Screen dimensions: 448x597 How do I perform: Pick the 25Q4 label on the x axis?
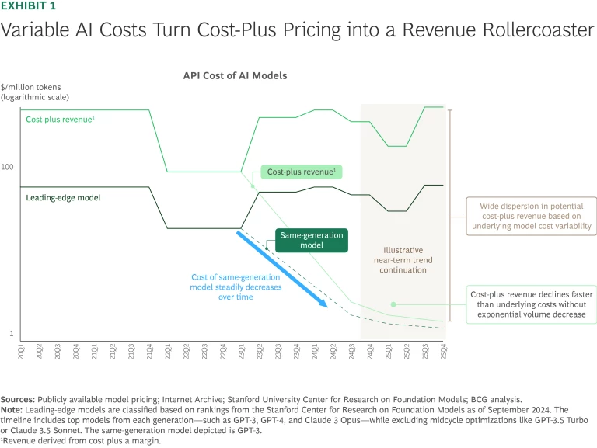pos(445,351)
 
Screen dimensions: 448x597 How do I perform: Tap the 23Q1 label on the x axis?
pos(242,351)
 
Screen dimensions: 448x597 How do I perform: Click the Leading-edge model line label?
pos(63,197)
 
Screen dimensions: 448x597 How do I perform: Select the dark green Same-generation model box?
pos(301,240)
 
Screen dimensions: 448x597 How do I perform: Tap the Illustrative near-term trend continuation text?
pos(403,260)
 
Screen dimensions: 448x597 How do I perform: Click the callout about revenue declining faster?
pos(531,306)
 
